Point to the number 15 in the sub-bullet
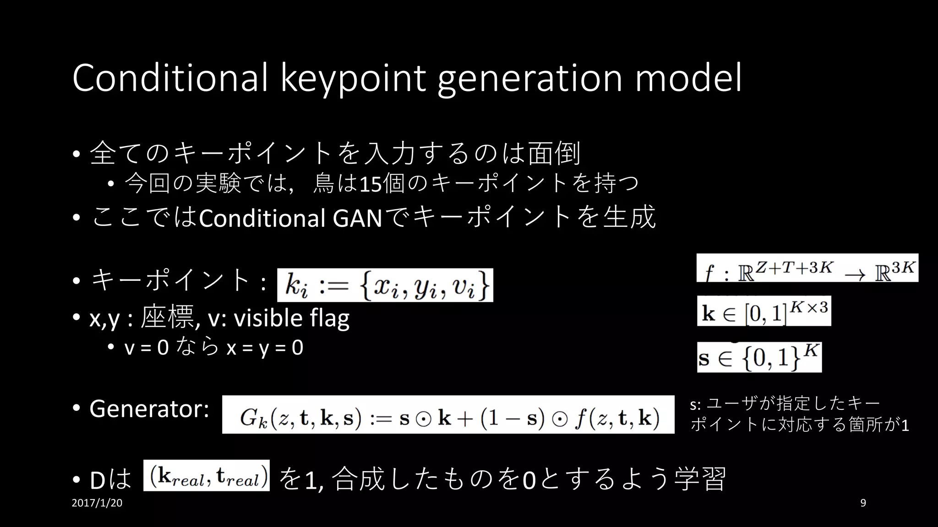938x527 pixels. tap(371, 184)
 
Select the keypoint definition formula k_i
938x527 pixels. tap(385, 285)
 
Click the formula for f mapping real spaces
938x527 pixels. tap(807, 268)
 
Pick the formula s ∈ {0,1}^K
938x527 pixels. tap(759, 357)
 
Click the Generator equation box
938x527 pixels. tap(448, 414)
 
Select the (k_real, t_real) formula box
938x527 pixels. tap(206, 475)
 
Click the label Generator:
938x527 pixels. tap(149, 409)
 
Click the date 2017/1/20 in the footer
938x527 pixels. tap(97, 503)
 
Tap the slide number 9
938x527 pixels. tap(863, 503)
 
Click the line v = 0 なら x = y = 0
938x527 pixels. tap(214, 348)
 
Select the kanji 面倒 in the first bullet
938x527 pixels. tap(554, 153)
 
